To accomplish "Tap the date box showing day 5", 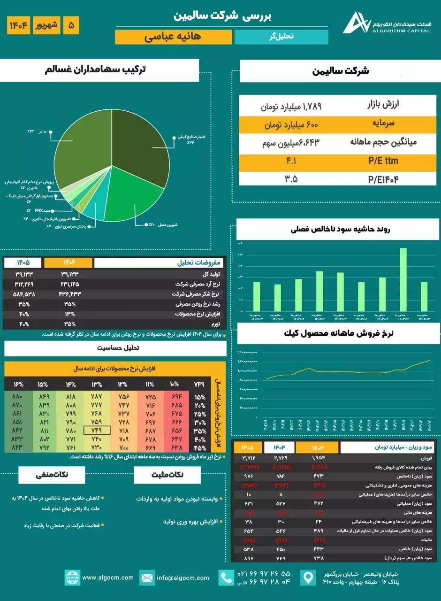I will pos(71,25).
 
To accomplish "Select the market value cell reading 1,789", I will pos(291,106).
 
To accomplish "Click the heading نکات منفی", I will pos(52,474).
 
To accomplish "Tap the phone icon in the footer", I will pos(227,578).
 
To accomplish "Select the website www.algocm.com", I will pos(107,578).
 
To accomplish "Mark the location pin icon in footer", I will pos(308,578).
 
